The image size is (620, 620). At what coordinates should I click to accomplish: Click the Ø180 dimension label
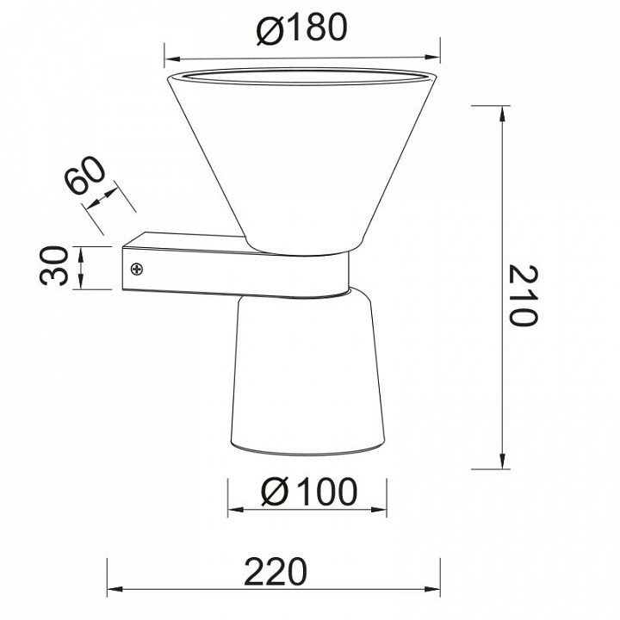pyautogui.click(x=301, y=28)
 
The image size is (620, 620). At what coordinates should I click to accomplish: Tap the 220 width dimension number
pyautogui.click(x=276, y=572)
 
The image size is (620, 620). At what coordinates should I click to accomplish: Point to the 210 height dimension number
pyautogui.click(x=523, y=295)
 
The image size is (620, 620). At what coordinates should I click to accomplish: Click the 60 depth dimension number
pyautogui.click(x=85, y=175)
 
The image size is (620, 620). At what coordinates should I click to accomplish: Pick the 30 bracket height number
pyautogui.click(x=54, y=266)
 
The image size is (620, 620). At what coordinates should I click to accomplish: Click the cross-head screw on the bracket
pyautogui.click(x=137, y=270)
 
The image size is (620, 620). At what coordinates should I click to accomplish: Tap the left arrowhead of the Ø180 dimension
pyautogui.click(x=172, y=59)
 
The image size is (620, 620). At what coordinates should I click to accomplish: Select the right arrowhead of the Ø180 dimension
pyautogui.click(x=431, y=58)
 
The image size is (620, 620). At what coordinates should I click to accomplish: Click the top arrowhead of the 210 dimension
pyautogui.click(x=503, y=115)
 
